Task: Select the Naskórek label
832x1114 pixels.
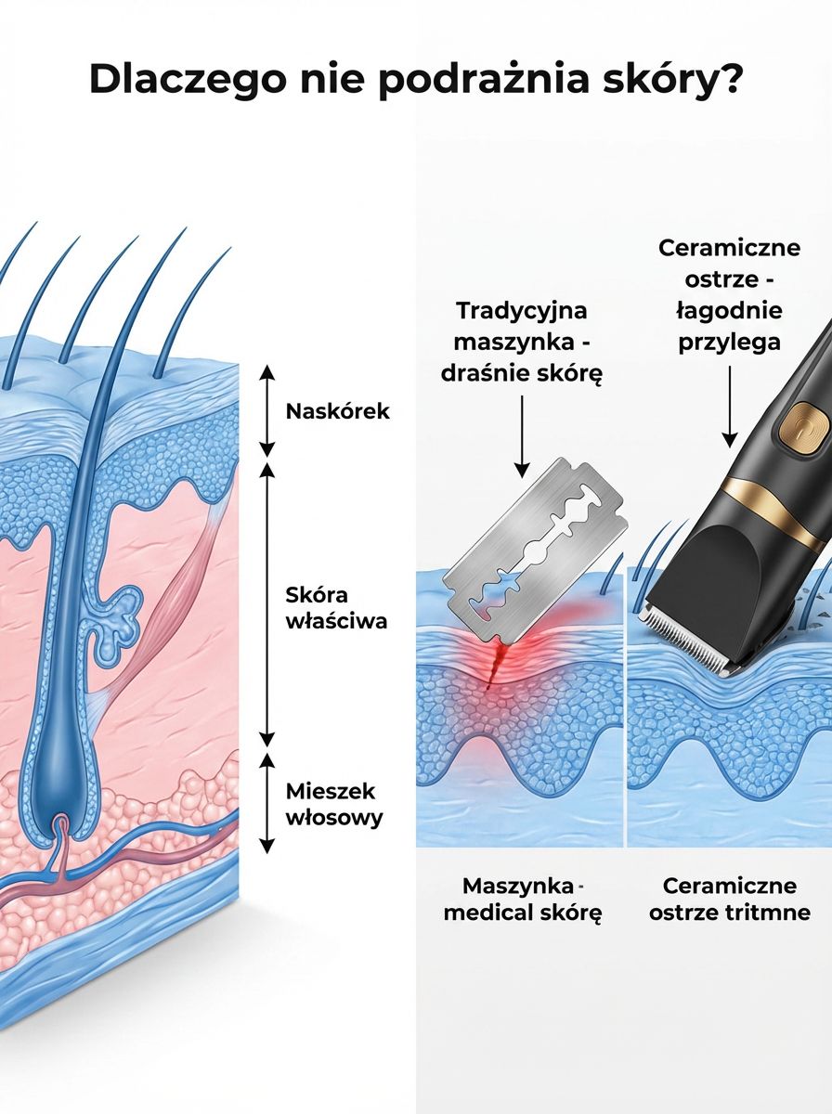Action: [338, 411]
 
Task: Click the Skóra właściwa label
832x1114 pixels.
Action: [336, 608]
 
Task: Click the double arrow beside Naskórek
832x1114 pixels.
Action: [267, 410]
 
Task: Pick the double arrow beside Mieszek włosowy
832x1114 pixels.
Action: [267, 803]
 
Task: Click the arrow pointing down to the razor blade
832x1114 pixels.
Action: [522, 437]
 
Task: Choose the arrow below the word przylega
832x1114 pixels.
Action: [730, 407]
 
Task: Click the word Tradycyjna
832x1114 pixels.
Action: [522, 311]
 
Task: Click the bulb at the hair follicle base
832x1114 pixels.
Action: [58, 795]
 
